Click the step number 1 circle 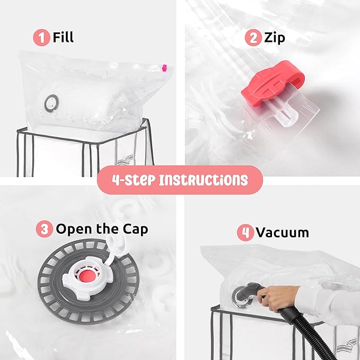click(x=41, y=38)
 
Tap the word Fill click(x=63, y=37)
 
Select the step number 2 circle click(x=253, y=38)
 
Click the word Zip click(x=274, y=38)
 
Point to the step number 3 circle click(x=45, y=229)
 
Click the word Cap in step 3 click(x=135, y=229)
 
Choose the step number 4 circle click(x=245, y=232)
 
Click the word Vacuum click(x=283, y=232)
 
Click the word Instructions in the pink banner click(x=204, y=180)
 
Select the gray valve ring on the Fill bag click(x=51, y=103)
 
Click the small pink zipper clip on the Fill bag click(x=164, y=68)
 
